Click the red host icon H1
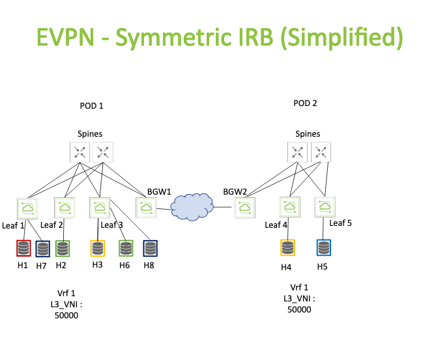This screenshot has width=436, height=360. pyautogui.click(x=23, y=248)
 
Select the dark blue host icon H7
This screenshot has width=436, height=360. pyautogui.click(x=43, y=249)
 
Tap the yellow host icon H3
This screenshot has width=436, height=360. pyautogui.click(x=98, y=248)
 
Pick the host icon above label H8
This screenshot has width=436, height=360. pyautogui.click(x=150, y=248)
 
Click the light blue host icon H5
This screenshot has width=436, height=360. pyautogui.click(x=324, y=247)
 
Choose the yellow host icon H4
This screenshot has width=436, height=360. pyautogui.click(x=287, y=247)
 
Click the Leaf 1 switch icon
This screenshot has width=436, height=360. pyautogui.click(x=27, y=208)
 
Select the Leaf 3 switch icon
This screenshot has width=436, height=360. pyautogui.click(x=100, y=208)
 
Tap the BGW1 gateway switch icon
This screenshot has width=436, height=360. pyautogui.click(x=146, y=208)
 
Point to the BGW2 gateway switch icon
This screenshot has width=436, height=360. pyautogui.click(x=244, y=208)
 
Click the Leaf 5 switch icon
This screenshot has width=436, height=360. pyautogui.click(x=325, y=206)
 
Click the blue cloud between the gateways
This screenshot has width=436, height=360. pyautogui.click(x=192, y=206)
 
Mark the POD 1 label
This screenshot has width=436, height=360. pyautogui.click(x=91, y=106)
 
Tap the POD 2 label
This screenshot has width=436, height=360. pyautogui.click(x=305, y=104)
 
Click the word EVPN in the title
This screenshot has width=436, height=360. pyautogui.click(x=66, y=37)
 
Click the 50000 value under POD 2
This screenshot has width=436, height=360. pyautogui.click(x=299, y=309)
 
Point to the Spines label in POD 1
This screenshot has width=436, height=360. pyautogui.click(x=90, y=134)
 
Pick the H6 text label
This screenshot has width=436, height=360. pyautogui.click(x=124, y=266)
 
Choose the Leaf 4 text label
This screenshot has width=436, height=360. pyautogui.click(x=276, y=225)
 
